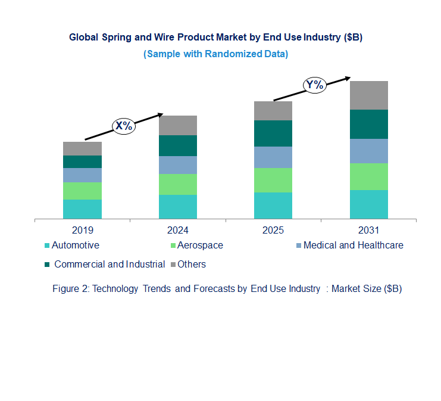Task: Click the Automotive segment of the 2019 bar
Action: point(82,209)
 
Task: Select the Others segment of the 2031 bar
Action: point(368,95)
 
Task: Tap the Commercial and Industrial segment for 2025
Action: point(273,133)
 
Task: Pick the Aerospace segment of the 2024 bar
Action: point(177,184)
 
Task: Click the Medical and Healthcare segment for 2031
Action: point(368,151)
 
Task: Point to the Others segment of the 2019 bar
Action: point(82,148)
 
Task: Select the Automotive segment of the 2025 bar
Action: point(273,206)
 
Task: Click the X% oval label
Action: point(124,126)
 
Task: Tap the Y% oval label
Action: point(314,85)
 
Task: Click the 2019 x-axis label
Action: point(82,230)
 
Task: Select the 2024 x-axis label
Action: point(177,230)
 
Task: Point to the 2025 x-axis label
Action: point(273,230)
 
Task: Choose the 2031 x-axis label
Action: point(368,230)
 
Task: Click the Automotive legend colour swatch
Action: point(47,245)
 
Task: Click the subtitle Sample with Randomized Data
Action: point(215,54)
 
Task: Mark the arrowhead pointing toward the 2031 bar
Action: point(347,77)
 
